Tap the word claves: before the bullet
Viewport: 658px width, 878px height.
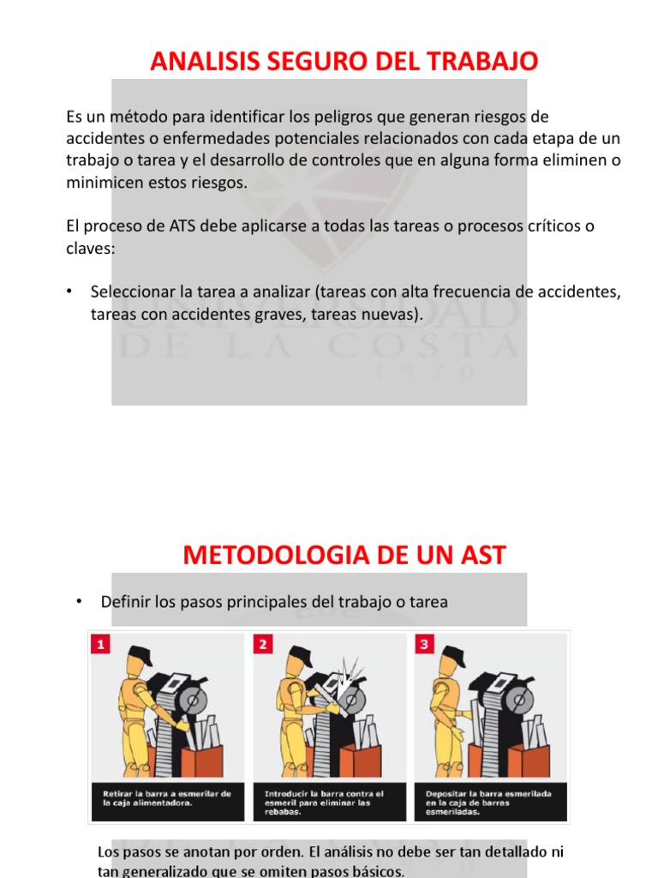[x=89, y=248]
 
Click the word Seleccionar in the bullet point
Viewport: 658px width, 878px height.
[x=131, y=292]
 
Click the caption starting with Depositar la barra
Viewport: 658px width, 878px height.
[x=488, y=803]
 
